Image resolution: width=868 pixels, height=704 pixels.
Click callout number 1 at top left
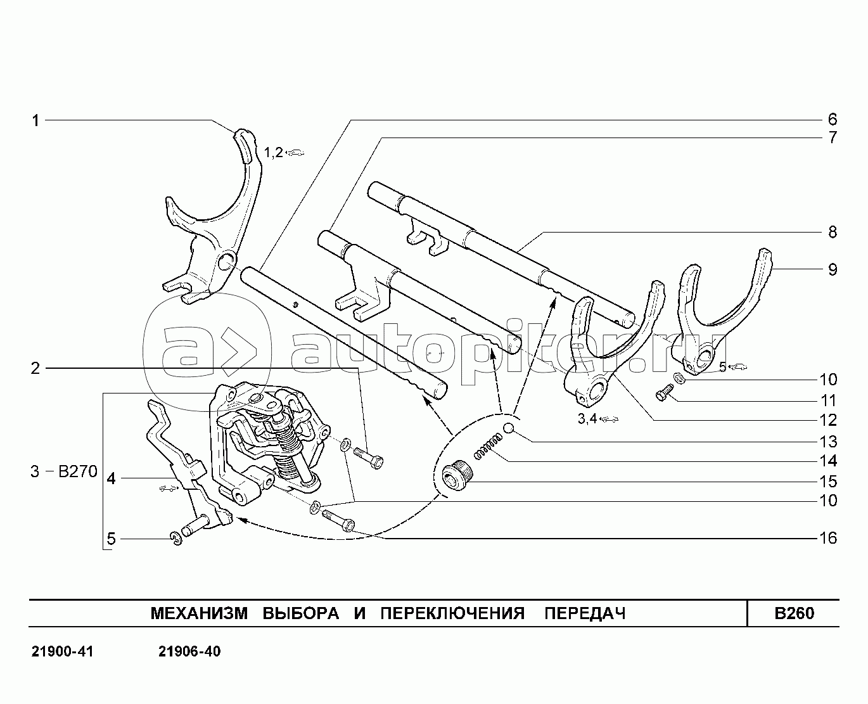click(35, 120)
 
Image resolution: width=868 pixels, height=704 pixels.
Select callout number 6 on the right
click(833, 119)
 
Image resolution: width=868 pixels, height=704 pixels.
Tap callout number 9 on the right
click(833, 269)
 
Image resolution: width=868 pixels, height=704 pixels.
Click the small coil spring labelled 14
click(487, 447)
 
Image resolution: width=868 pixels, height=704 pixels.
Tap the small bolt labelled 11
click(663, 392)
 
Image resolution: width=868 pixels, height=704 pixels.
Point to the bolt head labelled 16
click(348, 525)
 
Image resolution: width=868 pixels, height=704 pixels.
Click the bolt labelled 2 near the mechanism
click(369, 459)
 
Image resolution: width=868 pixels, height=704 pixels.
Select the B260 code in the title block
click(795, 613)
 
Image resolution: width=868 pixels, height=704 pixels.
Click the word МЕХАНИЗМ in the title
click(200, 613)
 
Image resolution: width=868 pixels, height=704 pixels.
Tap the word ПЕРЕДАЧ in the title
click(585, 613)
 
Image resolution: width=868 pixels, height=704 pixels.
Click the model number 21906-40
click(189, 652)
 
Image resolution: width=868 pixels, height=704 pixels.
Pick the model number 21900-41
click(62, 652)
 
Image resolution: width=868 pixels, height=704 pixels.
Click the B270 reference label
click(78, 471)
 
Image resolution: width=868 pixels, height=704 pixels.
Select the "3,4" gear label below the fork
click(587, 419)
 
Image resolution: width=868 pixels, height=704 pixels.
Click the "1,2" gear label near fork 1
click(274, 153)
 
